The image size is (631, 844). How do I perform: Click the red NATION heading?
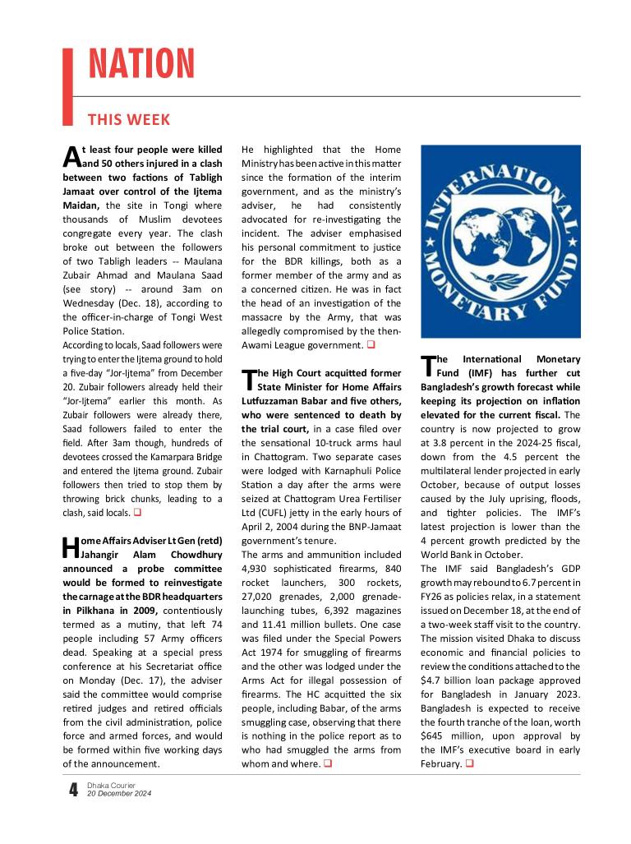click(141, 63)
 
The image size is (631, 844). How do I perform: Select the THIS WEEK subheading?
click(128, 120)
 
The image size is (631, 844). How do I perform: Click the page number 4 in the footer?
click(74, 791)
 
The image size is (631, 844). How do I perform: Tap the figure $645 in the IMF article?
click(435, 736)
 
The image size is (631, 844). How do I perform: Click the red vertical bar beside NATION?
click(69, 85)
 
